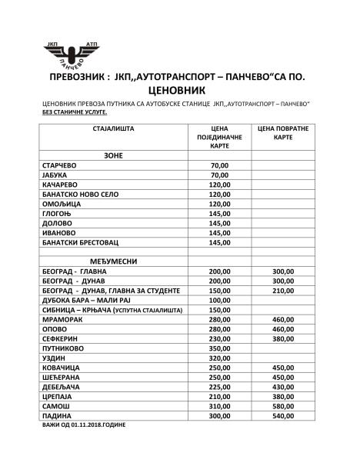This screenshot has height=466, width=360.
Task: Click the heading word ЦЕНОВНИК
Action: [180, 89]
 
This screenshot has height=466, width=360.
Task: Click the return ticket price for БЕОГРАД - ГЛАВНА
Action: [283, 272]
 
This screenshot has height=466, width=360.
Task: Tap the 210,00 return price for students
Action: [283, 291]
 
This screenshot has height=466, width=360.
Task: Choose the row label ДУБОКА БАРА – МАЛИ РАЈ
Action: [87, 301]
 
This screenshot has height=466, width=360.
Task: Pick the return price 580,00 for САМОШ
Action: [283, 406]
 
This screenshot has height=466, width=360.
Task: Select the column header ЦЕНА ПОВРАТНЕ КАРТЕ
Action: [283, 132]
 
